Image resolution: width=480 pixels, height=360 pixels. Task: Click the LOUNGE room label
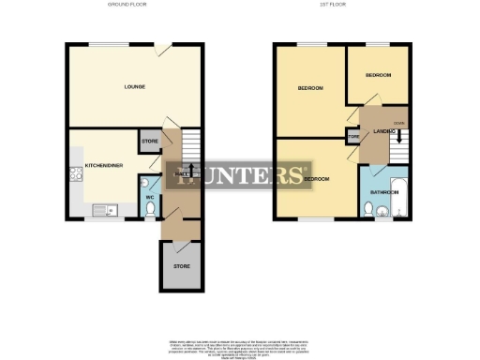click(134, 87)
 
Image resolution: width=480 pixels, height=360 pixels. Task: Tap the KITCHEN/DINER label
click(101, 165)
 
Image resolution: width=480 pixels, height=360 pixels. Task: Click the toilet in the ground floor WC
click(150, 212)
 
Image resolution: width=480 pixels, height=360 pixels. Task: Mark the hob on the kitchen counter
click(73, 173)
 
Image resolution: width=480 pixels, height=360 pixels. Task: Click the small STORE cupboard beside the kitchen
click(149, 142)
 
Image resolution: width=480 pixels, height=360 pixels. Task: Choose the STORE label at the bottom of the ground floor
click(181, 266)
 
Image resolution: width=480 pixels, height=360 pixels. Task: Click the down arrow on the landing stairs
click(400, 137)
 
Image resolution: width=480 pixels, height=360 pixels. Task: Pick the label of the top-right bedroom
click(378, 74)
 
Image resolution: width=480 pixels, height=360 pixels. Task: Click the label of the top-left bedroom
click(310, 88)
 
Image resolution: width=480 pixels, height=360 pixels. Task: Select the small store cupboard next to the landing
click(353, 137)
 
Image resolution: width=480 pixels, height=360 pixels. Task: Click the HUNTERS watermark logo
click(239, 175)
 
